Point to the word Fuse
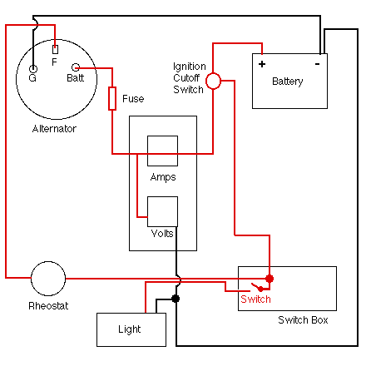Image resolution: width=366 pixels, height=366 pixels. [133, 99]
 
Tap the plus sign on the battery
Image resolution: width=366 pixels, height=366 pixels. [262, 64]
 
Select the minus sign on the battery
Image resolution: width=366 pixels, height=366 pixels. [318, 64]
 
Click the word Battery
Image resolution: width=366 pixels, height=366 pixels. [288, 82]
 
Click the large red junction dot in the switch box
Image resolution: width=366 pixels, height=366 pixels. [270, 279]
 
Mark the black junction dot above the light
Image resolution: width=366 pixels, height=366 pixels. [176, 299]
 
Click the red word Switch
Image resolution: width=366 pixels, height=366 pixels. [255, 299]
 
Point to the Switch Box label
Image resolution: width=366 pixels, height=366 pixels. [303, 320]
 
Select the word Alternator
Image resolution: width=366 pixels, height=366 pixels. [54, 129]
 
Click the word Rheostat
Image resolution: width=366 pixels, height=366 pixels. [48, 306]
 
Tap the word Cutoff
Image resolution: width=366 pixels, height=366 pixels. [186, 78]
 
